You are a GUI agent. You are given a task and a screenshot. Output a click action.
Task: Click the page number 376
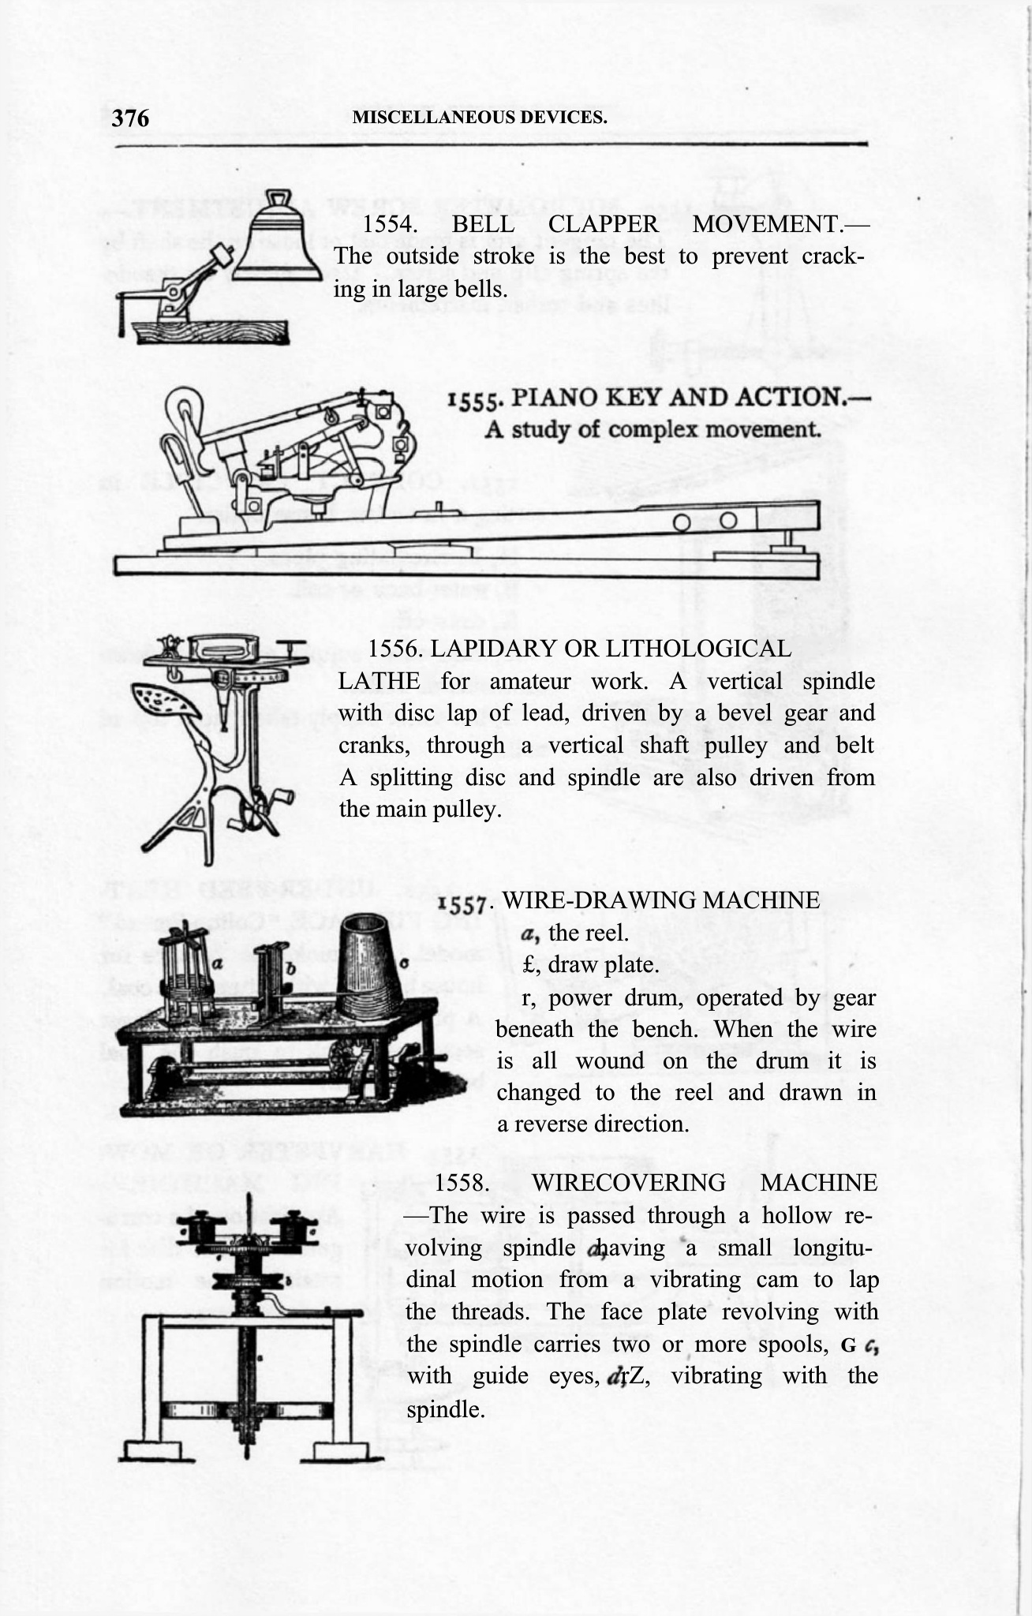tap(130, 118)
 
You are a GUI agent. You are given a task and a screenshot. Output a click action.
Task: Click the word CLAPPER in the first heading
tap(604, 224)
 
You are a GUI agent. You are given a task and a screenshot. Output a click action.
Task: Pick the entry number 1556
tap(396, 649)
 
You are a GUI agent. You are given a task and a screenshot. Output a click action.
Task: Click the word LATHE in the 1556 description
tap(378, 681)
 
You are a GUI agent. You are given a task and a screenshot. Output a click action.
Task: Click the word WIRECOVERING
tap(628, 1183)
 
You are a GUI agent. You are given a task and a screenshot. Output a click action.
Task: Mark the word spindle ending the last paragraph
tap(445, 1408)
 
